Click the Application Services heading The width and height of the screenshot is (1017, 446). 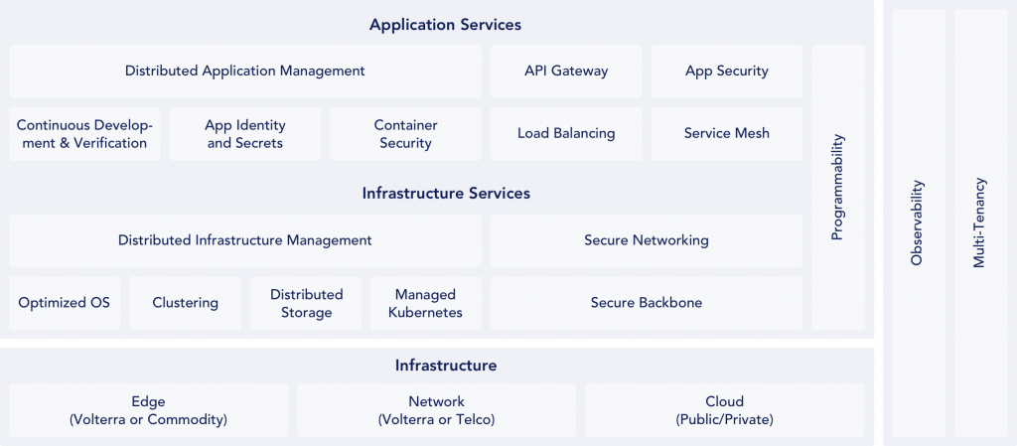click(x=445, y=25)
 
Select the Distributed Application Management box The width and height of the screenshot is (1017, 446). click(x=245, y=72)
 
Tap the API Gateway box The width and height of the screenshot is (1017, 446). click(x=566, y=72)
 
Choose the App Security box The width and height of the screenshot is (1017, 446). click(x=726, y=72)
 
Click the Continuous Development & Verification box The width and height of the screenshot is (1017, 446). click(x=84, y=133)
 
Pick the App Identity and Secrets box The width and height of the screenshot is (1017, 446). click(x=245, y=133)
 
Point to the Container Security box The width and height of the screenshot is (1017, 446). click(x=405, y=133)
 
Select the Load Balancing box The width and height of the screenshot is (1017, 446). click(x=566, y=133)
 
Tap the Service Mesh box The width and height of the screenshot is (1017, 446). click(x=726, y=133)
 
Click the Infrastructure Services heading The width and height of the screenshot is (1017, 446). click(x=446, y=193)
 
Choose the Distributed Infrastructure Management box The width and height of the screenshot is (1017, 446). click(x=245, y=240)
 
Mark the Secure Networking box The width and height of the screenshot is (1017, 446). click(x=647, y=240)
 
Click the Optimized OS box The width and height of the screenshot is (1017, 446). click(x=65, y=303)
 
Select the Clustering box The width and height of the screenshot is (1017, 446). click(x=185, y=303)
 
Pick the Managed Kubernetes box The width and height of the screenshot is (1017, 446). click(x=425, y=303)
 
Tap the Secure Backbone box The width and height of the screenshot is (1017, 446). click(x=647, y=303)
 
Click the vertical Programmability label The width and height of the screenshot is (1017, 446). click(x=837, y=188)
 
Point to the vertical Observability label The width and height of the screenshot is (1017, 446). click(x=917, y=223)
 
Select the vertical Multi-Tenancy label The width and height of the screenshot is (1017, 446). click(x=979, y=223)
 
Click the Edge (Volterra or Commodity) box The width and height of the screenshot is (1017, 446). click(x=149, y=409)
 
